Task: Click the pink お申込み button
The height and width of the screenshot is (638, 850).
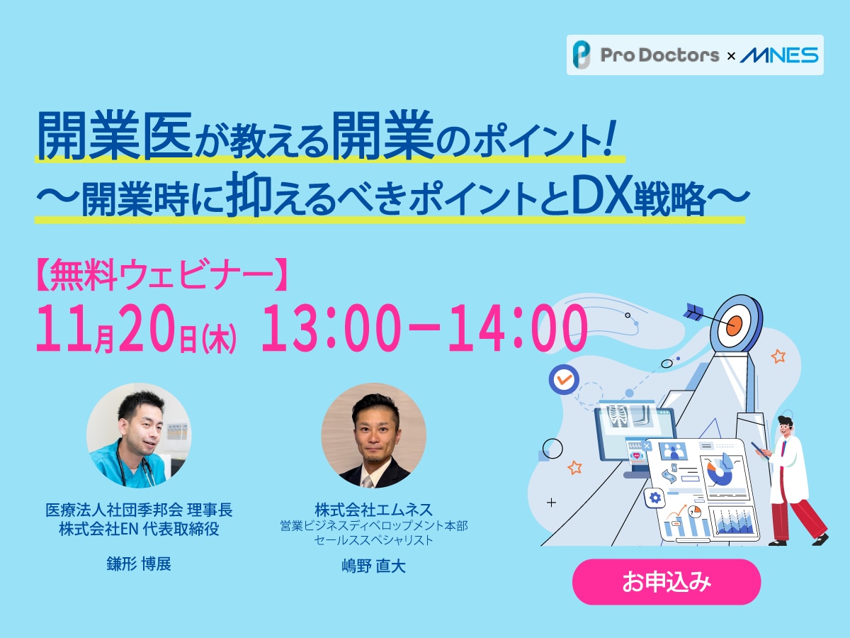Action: (666, 582)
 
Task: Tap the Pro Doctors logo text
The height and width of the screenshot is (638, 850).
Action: (659, 55)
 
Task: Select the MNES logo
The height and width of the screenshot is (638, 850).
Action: (779, 55)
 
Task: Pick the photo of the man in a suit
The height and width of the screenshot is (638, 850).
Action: (373, 435)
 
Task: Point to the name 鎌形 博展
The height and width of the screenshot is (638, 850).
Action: (139, 564)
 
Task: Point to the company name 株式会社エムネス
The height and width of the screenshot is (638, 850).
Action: (373, 509)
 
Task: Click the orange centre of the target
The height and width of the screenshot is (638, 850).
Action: (735, 325)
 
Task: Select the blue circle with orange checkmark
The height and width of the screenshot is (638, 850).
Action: (564, 379)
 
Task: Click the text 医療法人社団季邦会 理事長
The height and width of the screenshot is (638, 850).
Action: (139, 510)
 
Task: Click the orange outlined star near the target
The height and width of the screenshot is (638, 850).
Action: (778, 356)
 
